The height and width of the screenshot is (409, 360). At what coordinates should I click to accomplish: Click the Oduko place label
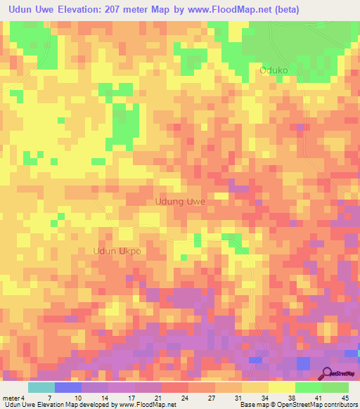(274, 70)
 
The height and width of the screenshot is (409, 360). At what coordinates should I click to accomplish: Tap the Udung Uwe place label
(179, 202)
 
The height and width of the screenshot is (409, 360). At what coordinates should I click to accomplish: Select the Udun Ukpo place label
(117, 251)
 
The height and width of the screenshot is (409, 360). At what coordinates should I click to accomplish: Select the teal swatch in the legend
(41, 387)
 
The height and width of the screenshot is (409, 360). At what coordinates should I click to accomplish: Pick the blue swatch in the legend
(68, 387)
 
